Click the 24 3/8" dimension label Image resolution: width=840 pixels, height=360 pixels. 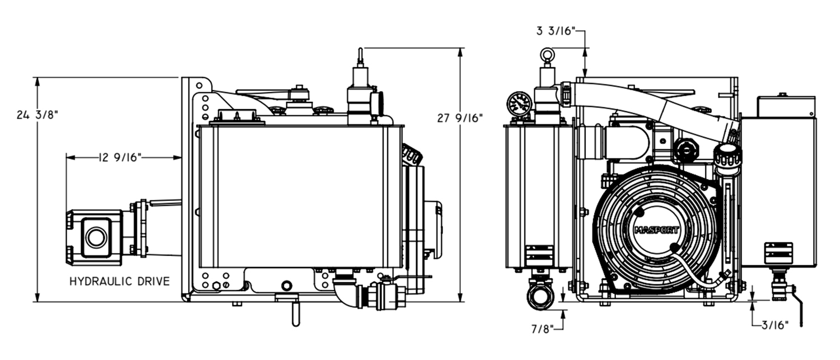(38, 115)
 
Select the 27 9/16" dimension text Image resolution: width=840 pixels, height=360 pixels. (460, 118)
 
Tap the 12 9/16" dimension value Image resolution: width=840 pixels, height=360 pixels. (120, 157)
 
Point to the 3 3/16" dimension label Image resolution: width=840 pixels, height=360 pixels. (556, 31)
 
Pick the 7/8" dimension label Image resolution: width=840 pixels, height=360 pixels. (542, 329)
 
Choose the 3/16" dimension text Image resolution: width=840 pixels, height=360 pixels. (774, 325)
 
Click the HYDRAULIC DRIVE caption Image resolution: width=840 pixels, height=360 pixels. (120, 281)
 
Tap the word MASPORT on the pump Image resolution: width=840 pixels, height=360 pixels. (656, 230)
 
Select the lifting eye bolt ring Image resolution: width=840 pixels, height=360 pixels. (547, 55)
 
